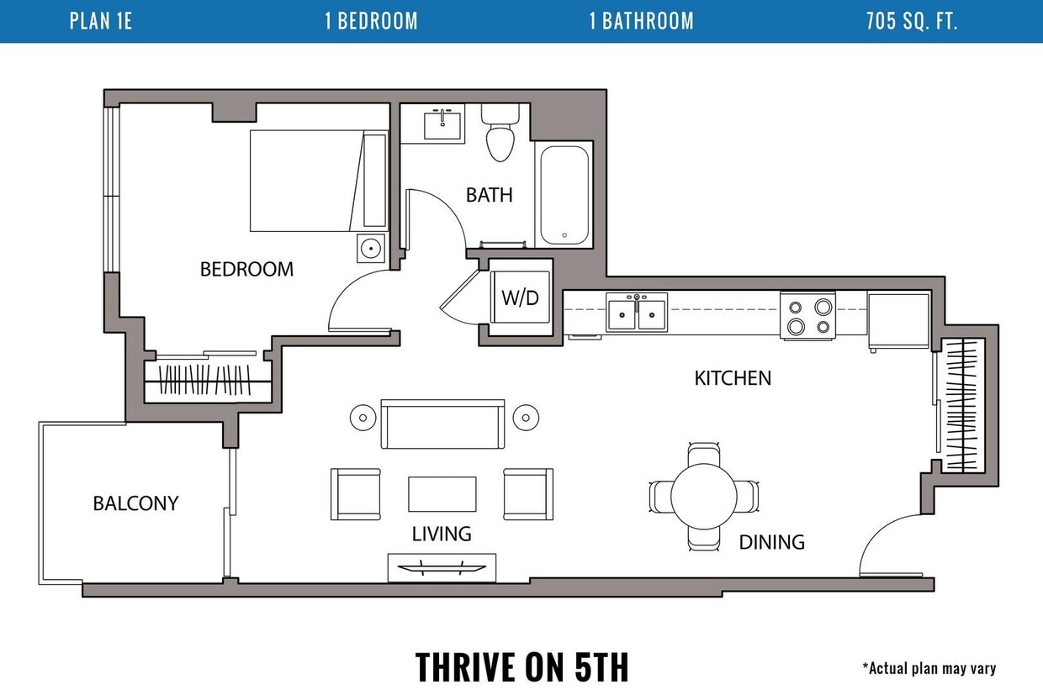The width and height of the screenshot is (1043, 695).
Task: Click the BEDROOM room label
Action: (246, 270)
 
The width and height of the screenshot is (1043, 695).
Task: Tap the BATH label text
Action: (490, 195)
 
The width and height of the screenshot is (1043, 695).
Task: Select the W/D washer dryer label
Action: (520, 297)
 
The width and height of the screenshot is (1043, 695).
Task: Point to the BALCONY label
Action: (135, 503)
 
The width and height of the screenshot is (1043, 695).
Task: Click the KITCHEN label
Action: (733, 378)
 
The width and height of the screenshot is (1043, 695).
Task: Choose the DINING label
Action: (772, 542)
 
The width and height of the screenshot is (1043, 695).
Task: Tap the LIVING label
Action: (442, 534)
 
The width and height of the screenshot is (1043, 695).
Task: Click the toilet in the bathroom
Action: (500, 133)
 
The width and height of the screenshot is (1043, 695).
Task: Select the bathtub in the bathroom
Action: (564, 195)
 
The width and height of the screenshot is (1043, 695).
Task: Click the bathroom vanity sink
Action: (442, 124)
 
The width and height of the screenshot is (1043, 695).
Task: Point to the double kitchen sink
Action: (637, 312)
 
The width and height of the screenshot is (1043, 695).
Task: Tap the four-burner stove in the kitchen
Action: (807, 315)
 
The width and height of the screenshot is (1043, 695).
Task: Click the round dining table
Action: (703, 497)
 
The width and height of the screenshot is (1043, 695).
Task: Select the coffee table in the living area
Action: (442, 494)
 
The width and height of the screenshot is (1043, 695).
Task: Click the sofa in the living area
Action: (442, 424)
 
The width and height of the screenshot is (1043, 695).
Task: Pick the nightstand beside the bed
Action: (371, 249)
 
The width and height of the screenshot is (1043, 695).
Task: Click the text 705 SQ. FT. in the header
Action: (912, 21)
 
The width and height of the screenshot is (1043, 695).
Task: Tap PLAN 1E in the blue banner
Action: (101, 21)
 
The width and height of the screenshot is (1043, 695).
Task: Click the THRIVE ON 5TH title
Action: (521, 666)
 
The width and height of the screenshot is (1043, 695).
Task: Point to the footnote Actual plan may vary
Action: (929, 668)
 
